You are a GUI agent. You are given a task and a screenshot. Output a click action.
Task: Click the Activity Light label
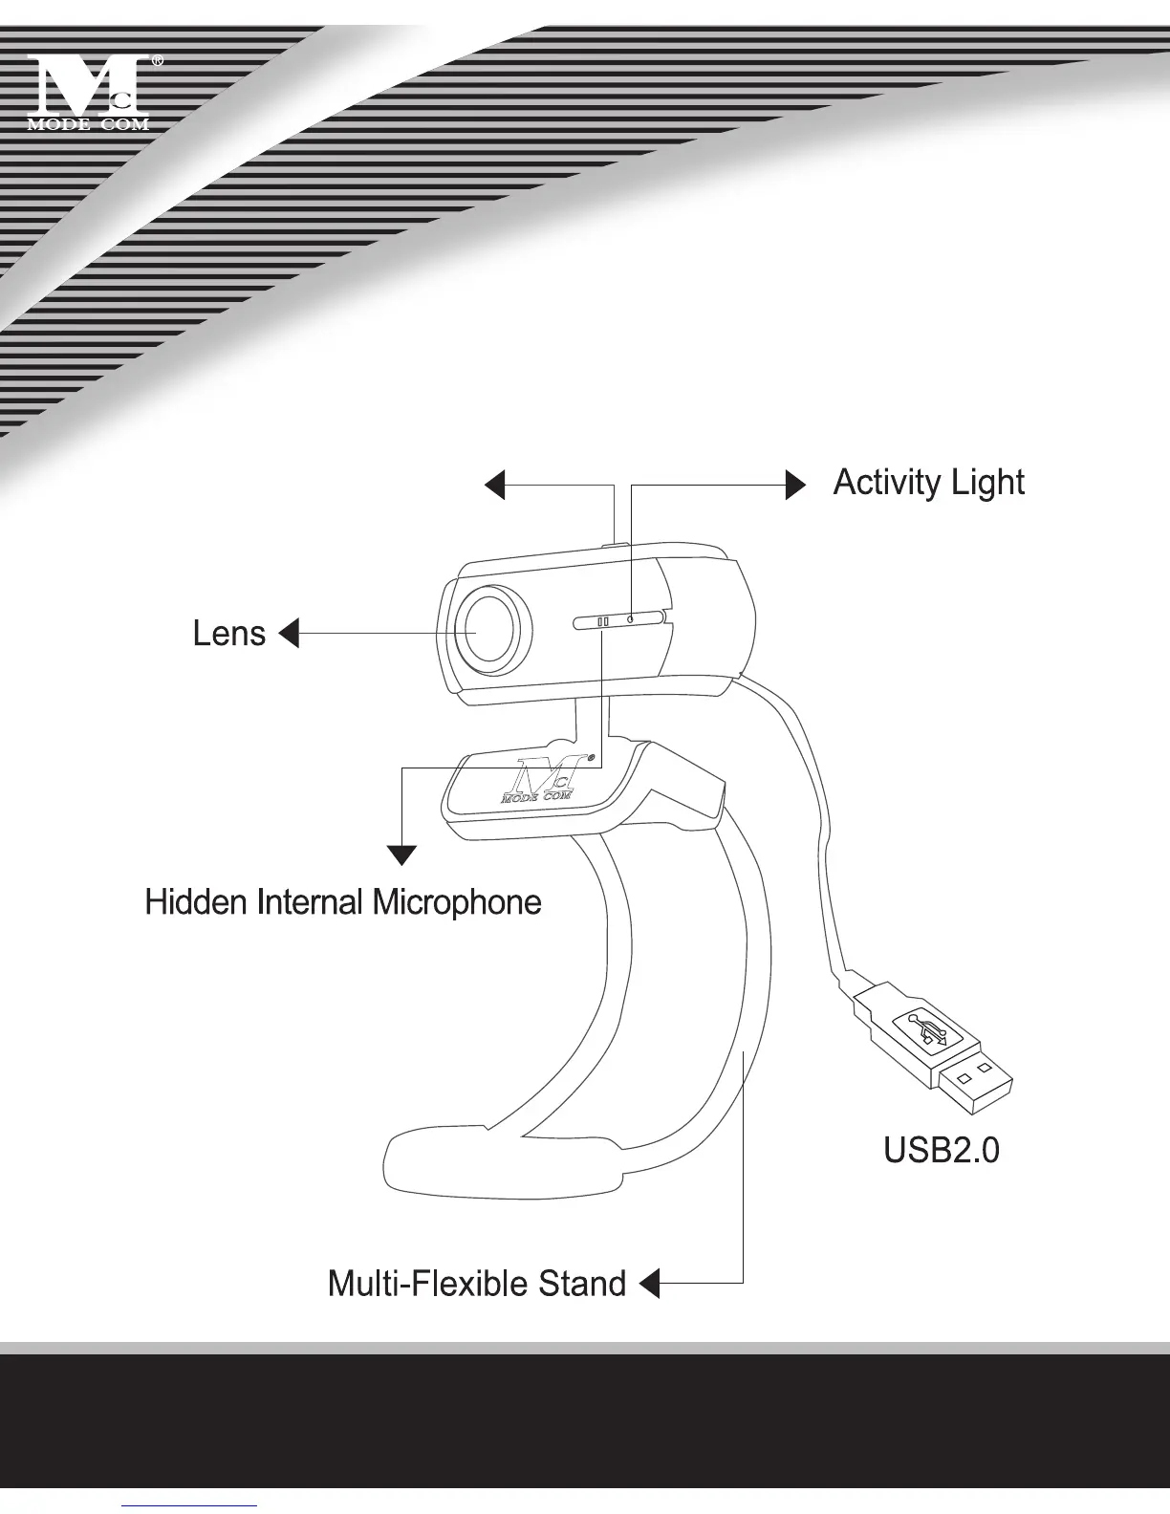pyautogui.click(x=928, y=483)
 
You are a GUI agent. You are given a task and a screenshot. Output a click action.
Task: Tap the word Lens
pyautogui.click(x=228, y=633)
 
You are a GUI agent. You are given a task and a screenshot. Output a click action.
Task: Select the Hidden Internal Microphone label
pyautogui.click(x=343, y=902)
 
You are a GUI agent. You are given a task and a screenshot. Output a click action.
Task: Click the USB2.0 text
pyautogui.click(x=941, y=1150)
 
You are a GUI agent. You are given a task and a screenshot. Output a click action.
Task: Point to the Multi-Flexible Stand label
pyautogui.click(x=476, y=1284)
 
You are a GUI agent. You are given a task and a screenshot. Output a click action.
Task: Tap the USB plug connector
pyautogui.click(x=932, y=1047)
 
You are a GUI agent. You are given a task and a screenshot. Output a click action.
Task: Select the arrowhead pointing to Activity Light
pyautogui.click(x=795, y=485)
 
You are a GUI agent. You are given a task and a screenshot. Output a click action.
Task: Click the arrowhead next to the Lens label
pyautogui.click(x=288, y=633)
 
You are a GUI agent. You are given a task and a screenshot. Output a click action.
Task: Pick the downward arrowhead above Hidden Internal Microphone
pyautogui.click(x=402, y=854)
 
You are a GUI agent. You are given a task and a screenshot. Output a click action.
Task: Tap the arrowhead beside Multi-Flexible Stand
pyautogui.click(x=650, y=1283)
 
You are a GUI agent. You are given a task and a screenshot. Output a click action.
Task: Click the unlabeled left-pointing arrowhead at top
pyautogui.click(x=494, y=485)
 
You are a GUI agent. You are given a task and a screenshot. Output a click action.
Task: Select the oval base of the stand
pyautogui.click(x=497, y=1161)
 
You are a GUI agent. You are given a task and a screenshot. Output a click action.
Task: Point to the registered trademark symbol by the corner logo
pyautogui.click(x=158, y=61)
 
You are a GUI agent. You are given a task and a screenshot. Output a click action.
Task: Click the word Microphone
pyautogui.click(x=457, y=902)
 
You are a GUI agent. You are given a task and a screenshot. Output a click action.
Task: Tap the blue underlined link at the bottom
pyautogui.click(x=189, y=1505)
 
